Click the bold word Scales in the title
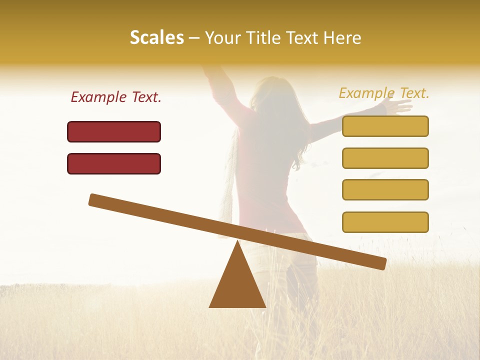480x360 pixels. tap(156, 38)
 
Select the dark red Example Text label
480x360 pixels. tap(116, 97)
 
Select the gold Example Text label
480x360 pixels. tap(384, 93)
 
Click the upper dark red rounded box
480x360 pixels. tap(114, 131)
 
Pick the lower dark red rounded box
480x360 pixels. tap(114, 163)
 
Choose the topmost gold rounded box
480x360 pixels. tap(385, 126)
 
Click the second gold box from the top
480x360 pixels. tap(385, 158)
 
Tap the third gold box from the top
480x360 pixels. tap(385, 189)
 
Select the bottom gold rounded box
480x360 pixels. tap(385, 222)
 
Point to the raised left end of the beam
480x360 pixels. tap(95, 199)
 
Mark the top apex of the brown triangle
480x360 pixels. tap(238, 242)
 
